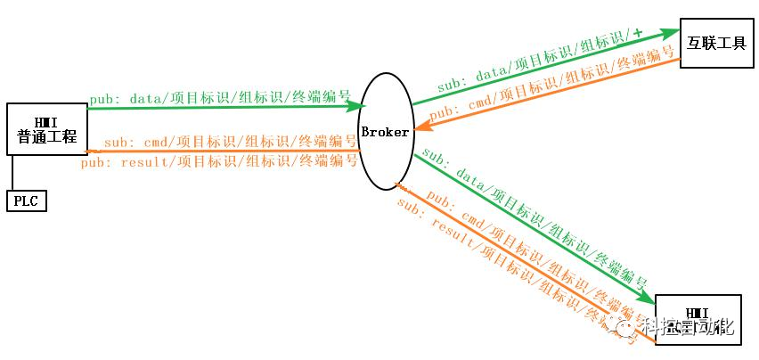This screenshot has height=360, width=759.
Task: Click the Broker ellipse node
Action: click(x=385, y=131)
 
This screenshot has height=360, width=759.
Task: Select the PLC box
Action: click(x=27, y=200)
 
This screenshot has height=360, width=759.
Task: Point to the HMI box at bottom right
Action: click(x=697, y=319)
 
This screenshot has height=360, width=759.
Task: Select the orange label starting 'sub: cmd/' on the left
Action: click(x=227, y=142)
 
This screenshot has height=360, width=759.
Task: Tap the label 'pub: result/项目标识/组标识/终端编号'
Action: click(x=219, y=161)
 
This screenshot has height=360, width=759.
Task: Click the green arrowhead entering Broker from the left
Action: click(x=352, y=106)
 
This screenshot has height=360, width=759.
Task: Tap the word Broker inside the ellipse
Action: click(x=385, y=132)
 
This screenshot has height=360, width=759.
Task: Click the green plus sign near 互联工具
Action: click(x=637, y=34)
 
